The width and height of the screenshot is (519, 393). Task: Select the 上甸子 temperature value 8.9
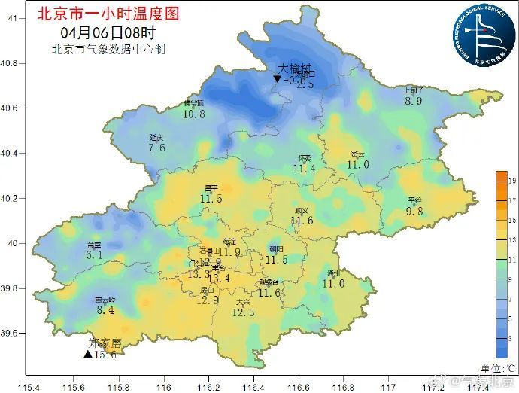pos(414,101)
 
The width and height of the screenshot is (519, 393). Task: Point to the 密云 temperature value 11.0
pos(357,164)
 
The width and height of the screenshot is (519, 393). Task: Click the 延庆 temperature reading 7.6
pos(156,148)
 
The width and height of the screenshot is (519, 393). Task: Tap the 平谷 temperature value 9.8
pos(415,212)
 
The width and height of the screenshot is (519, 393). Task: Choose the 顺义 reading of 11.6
pos(302,221)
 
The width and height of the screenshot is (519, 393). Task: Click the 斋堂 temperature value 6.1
pos(94,255)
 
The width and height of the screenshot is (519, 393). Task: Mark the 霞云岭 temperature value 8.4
pos(105,309)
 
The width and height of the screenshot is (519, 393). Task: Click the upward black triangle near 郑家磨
pos(88,355)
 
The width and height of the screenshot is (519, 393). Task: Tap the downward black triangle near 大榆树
pos(278,79)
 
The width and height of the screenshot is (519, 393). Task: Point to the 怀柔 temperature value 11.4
pos(305,169)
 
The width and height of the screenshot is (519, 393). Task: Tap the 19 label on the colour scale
pos(511,181)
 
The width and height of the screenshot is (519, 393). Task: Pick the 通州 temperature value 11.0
pos(333,283)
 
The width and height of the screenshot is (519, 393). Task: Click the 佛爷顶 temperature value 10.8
pos(193,114)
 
